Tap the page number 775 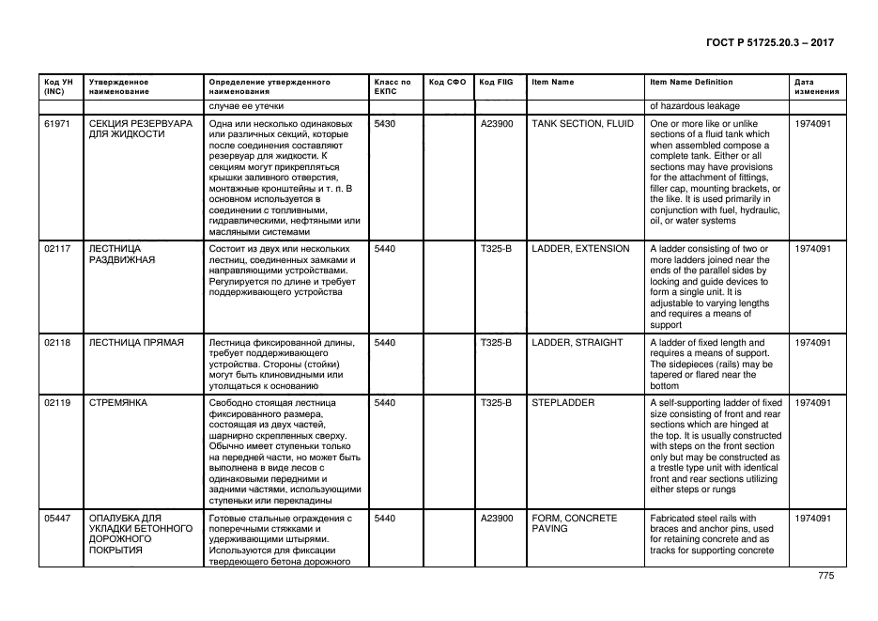click(825, 576)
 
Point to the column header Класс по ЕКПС click(392, 87)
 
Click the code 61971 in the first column click(57, 124)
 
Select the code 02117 click(57, 249)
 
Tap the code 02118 click(57, 343)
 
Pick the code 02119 click(57, 403)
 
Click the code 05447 click(57, 519)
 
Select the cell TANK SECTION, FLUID click(582, 124)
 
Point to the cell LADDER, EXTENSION click(580, 249)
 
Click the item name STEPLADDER click(562, 403)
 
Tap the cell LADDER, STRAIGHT click(577, 343)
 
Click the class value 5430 click(385, 124)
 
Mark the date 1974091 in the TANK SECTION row click(812, 124)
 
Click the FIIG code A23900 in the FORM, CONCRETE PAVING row click(496, 519)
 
